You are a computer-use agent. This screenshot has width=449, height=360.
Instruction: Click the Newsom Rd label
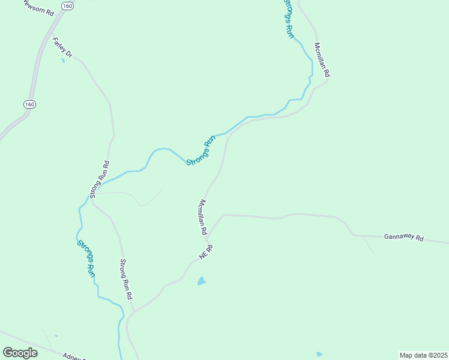point(38,8)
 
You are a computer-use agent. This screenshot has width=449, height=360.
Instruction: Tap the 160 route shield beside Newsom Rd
point(67,5)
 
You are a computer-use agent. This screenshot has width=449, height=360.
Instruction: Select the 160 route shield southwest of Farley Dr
point(29,104)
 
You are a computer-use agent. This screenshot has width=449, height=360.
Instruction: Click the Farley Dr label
point(62,49)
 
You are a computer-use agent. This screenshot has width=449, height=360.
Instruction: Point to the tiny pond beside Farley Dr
point(63,61)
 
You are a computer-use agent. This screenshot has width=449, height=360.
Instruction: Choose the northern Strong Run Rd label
point(99,179)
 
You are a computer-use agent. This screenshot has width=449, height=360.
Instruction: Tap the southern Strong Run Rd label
point(125,279)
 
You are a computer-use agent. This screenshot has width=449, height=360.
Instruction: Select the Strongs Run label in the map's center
point(200,151)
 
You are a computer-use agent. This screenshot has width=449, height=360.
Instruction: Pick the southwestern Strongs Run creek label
point(86,258)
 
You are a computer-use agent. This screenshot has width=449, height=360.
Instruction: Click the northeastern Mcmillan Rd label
point(322,59)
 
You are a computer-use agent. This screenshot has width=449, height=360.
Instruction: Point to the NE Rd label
point(206,252)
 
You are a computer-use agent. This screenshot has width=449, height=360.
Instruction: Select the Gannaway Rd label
point(404,238)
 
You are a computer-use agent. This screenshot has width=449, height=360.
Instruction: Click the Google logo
point(20,353)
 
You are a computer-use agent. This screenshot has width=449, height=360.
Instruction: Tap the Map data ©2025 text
point(423,355)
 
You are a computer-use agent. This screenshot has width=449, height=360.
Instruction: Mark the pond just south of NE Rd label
point(202,280)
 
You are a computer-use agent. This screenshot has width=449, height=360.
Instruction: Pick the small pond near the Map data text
point(319,354)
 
